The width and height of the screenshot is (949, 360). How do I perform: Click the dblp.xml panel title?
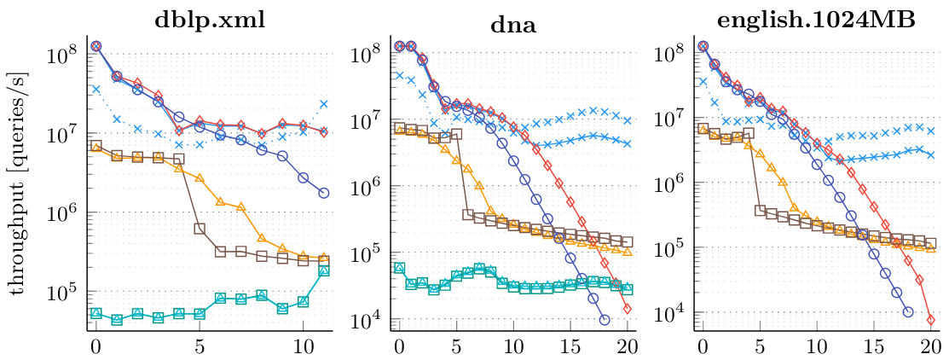210,20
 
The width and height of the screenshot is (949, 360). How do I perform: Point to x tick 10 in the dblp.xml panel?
303,348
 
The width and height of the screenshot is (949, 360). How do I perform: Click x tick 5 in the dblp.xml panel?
200,348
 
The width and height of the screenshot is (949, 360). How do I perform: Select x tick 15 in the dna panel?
570,348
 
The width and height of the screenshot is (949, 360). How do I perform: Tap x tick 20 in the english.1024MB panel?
931,348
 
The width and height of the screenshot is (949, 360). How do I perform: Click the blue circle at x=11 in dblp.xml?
324,193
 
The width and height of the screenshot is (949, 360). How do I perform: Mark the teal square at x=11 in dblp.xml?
324,270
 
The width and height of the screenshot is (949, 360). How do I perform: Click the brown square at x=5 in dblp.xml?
200,228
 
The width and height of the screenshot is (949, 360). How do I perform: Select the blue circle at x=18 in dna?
605,320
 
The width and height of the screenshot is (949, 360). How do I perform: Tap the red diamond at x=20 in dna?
628,309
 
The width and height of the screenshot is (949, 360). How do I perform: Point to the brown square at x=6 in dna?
467,215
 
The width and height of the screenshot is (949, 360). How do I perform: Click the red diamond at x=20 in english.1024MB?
931,320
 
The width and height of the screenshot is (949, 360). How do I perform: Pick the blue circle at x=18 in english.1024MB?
908,312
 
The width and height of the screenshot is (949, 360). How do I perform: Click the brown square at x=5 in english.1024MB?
760,210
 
